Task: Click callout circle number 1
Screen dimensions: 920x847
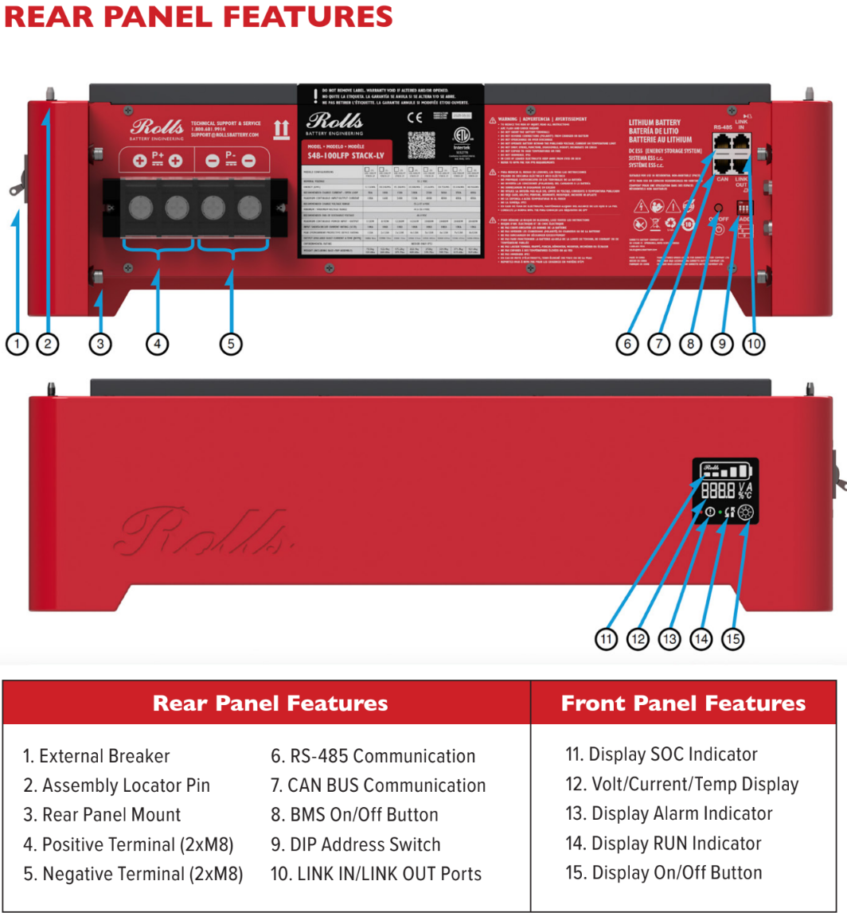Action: (17, 344)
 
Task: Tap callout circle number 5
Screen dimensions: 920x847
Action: (231, 344)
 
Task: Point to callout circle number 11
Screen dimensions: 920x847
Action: (607, 638)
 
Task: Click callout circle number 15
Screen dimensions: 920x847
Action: (733, 638)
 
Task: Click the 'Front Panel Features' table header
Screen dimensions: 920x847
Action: (683, 703)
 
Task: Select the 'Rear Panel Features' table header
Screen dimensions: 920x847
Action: (270, 703)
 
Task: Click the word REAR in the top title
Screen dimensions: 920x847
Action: (53, 16)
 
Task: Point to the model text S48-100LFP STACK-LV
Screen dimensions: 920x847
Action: (345, 155)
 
